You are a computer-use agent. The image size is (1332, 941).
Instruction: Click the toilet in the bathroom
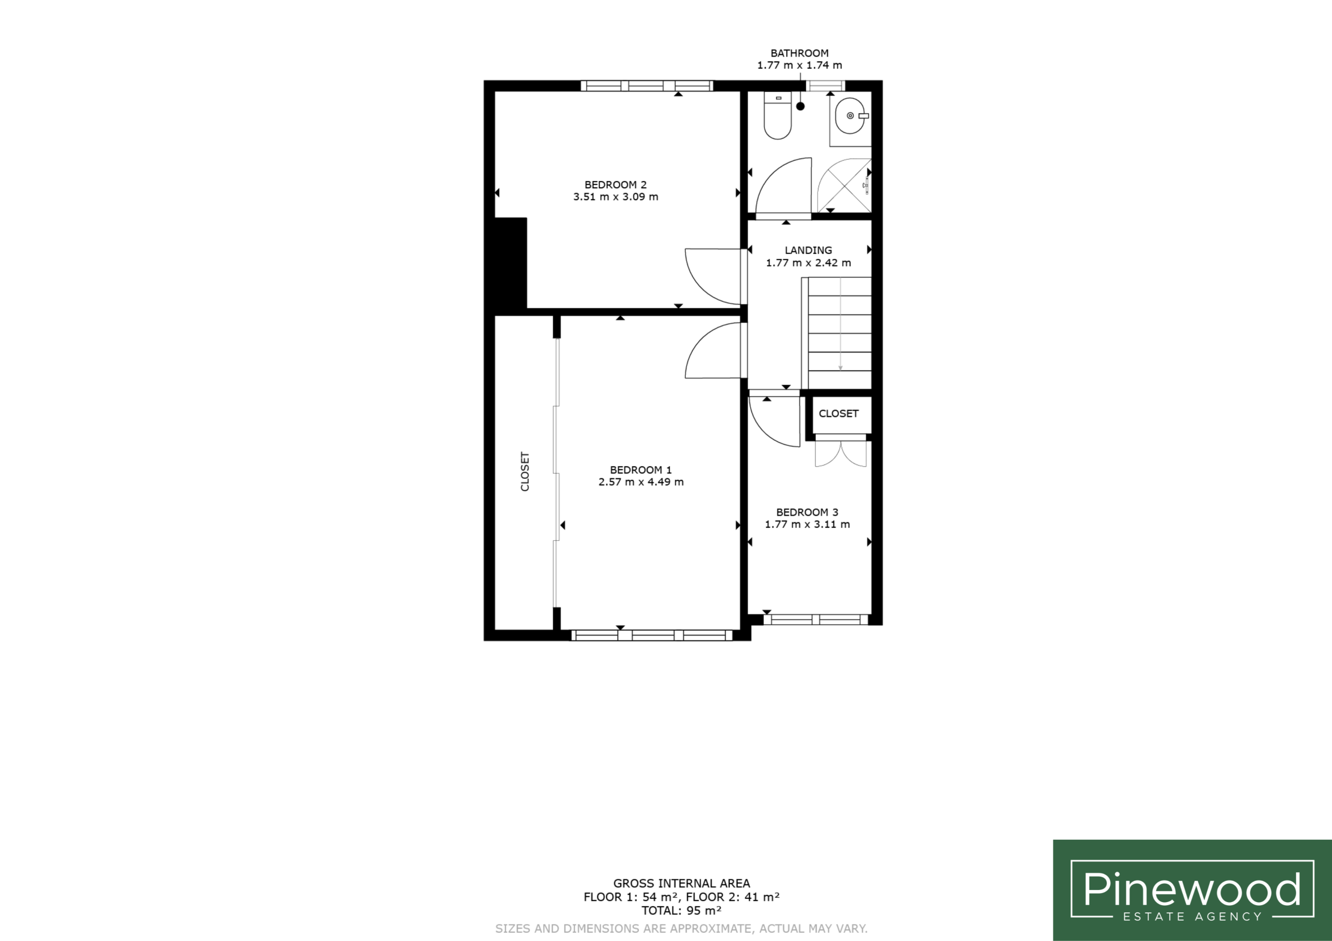click(x=777, y=115)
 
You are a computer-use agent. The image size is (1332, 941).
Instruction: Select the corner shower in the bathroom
click(x=844, y=185)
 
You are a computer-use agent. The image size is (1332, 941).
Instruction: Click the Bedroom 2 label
click(x=615, y=185)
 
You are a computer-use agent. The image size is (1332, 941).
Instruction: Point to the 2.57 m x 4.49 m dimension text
click(x=641, y=482)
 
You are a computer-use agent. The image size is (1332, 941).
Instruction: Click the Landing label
click(x=808, y=251)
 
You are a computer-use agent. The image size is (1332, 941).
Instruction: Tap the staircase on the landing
click(x=837, y=333)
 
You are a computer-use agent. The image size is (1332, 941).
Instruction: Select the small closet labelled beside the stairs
click(x=839, y=414)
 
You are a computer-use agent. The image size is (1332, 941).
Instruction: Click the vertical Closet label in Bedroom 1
click(x=525, y=472)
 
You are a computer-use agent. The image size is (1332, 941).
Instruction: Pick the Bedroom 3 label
click(x=807, y=513)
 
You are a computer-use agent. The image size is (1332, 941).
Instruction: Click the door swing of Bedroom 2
click(x=712, y=277)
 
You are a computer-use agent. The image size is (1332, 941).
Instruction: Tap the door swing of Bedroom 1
click(x=712, y=350)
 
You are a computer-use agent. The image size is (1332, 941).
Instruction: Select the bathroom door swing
click(x=783, y=185)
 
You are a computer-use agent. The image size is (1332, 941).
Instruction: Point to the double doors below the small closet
click(x=841, y=454)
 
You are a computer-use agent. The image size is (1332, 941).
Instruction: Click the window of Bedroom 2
click(x=647, y=86)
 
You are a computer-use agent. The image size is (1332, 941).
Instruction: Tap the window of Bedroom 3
click(x=815, y=619)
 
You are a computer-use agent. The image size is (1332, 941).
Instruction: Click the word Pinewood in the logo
click(x=1192, y=890)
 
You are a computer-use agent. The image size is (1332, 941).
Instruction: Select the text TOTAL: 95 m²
click(x=681, y=910)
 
